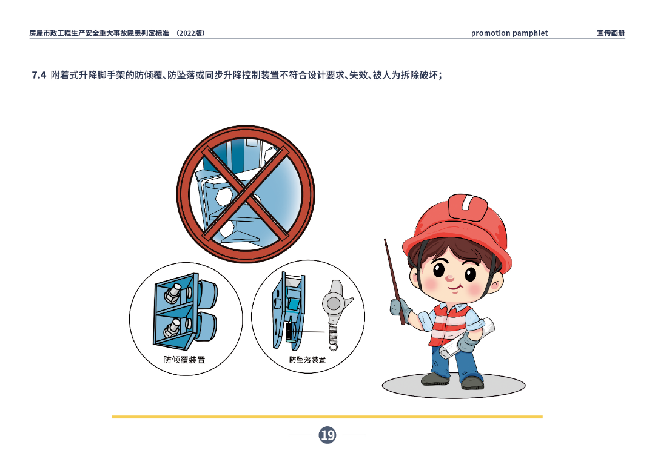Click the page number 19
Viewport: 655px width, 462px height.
coord(327,435)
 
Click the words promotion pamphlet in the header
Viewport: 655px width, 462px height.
coord(509,33)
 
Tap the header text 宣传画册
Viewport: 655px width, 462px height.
coord(610,33)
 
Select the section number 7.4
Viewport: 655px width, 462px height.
coord(39,76)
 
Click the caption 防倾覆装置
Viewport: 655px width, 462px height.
coord(184,360)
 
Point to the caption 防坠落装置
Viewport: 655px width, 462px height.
coord(307,360)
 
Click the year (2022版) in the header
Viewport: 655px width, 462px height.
coord(190,33)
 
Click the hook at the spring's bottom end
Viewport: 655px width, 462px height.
coord(333,346)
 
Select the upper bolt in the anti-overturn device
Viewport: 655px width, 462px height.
coord(172,293)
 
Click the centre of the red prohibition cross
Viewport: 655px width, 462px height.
coord(245,194)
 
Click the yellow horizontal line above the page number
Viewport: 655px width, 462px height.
coord(327,417)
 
